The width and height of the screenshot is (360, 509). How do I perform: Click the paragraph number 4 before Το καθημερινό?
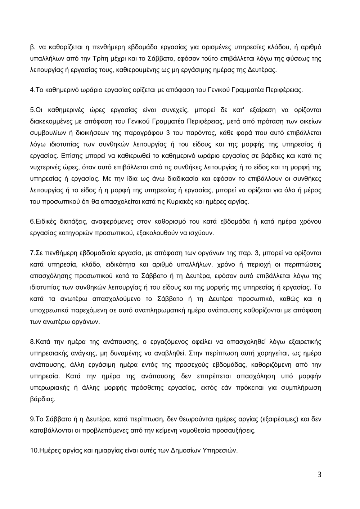tap(32, 90)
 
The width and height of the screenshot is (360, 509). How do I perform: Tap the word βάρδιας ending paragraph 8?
tap(42, 399)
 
